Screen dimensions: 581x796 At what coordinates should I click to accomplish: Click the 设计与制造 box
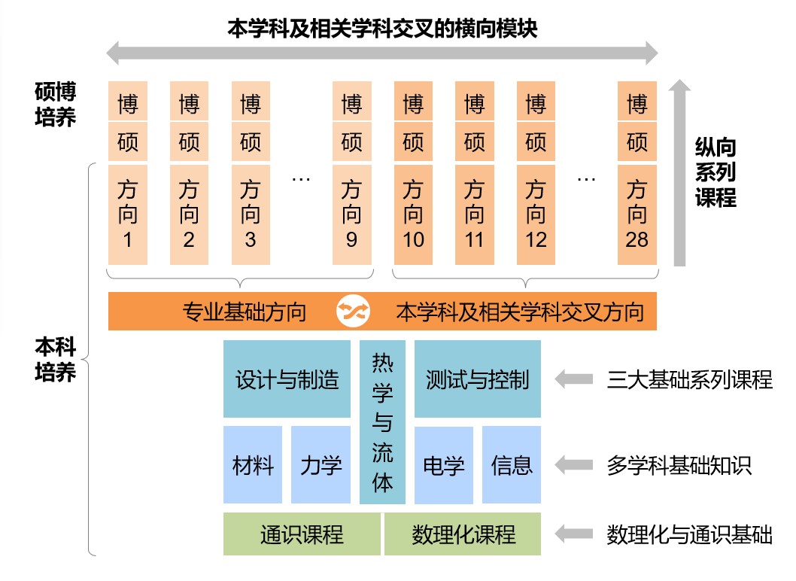[x=287, y=379]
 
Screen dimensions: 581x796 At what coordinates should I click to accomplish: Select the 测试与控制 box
[x=477, y=379]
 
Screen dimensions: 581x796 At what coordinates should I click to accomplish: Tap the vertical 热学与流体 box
[x=382, y=421]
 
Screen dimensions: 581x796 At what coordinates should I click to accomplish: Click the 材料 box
[x=253, y=465]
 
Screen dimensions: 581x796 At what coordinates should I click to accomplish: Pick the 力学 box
[x=321, y=465]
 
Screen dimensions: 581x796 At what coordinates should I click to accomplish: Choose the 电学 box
[x=444, y=465]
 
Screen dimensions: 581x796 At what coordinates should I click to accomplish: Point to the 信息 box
[x=512, y=465]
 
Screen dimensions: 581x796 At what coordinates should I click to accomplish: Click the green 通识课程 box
[x=302, y=534]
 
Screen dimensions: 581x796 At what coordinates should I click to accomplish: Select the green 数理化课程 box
[x=463, y=534]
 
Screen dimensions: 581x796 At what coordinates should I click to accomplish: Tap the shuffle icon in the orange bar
[x=351, y=312]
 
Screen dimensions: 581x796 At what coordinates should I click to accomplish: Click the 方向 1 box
[x=128, y=214]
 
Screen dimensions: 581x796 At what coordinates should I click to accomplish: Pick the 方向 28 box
[x=637, y=214]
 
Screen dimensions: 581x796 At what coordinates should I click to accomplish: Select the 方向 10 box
[x=413, y=214]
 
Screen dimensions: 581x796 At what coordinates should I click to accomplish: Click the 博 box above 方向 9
[x=351, y=103]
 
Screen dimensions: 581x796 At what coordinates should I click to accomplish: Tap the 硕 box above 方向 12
[x=535, y=141]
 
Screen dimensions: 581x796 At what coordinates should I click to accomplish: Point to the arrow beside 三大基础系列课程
[x=574, y=379]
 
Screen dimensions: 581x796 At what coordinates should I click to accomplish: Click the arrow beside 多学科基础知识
[x=574, y=465]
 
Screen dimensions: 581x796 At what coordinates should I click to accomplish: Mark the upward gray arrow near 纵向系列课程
[x=680, y=173]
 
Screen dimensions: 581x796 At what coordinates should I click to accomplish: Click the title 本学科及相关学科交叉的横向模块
[x=382, y=28]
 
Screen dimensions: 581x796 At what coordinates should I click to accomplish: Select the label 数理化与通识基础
[x=689, y=535]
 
